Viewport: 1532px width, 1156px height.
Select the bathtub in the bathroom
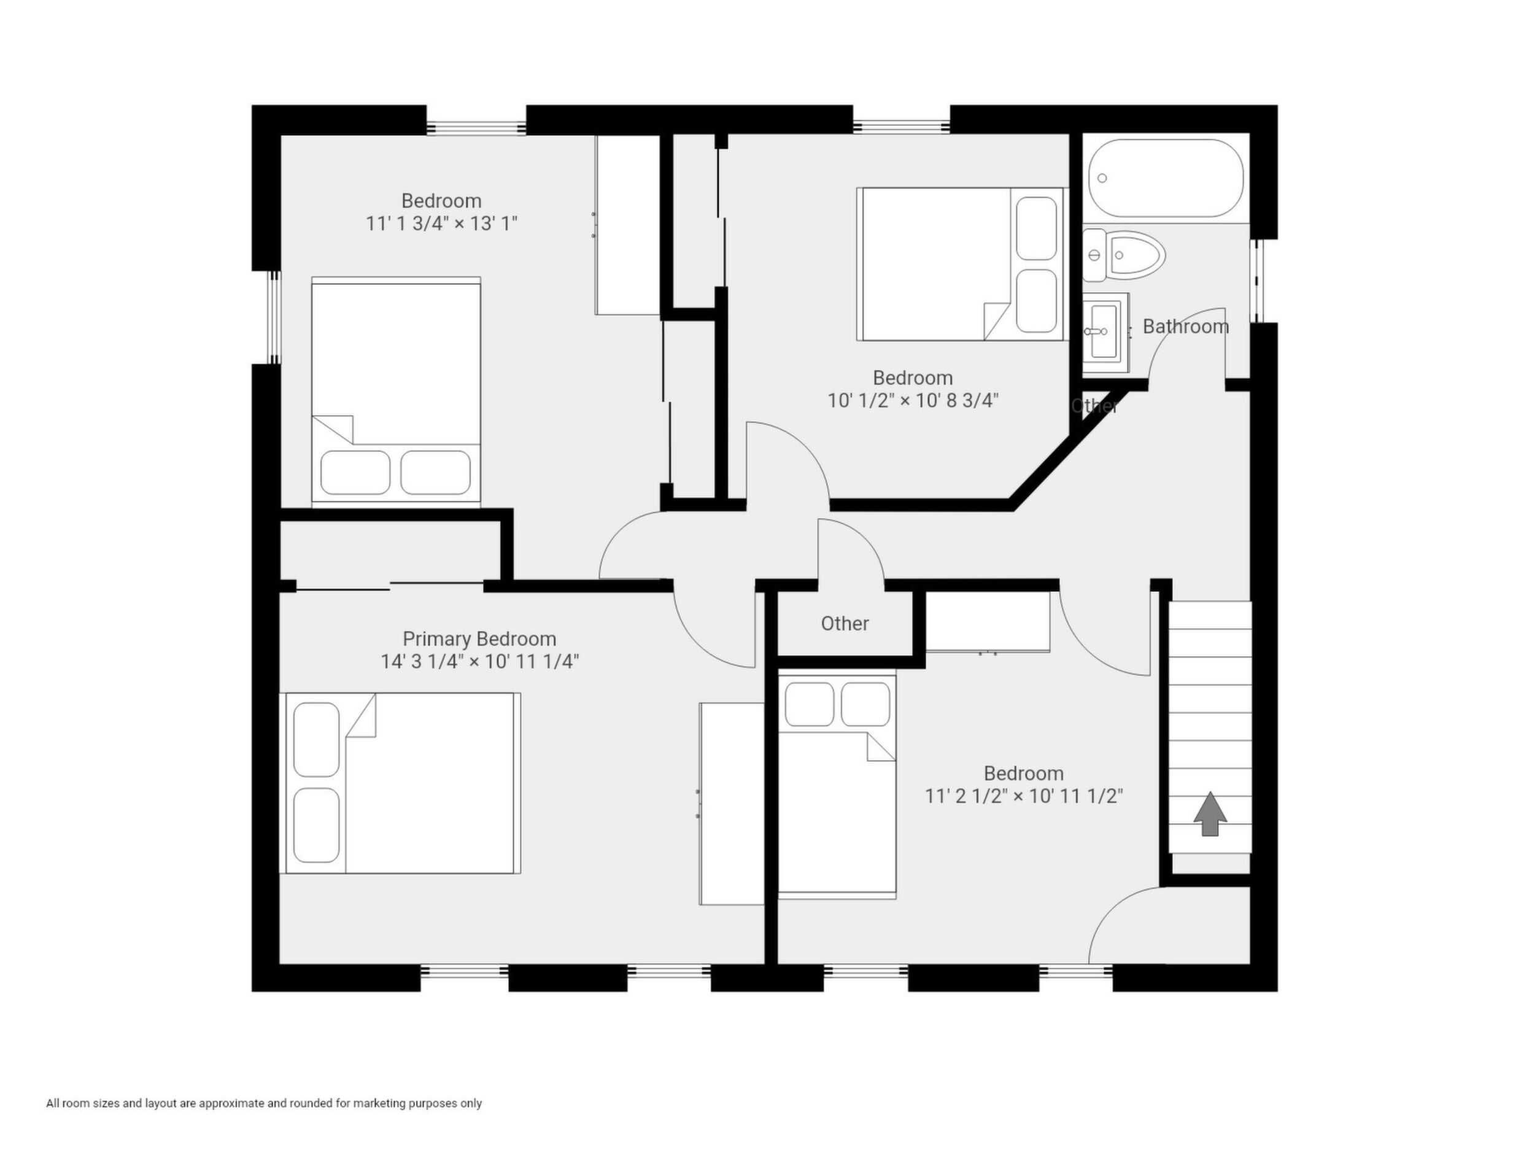click(1166, 179)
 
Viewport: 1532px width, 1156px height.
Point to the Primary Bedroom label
click(479, 638)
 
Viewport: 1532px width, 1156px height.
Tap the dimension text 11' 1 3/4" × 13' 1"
click(442, 223)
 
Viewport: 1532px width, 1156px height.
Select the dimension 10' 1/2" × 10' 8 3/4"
click(913, 400)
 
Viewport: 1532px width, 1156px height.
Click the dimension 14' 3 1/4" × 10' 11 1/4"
click(479, 661)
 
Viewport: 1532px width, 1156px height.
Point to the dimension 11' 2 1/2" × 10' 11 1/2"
click(1024, 796)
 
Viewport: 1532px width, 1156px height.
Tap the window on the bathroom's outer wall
click(1256, 281)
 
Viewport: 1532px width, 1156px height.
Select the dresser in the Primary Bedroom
click(732, 804)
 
